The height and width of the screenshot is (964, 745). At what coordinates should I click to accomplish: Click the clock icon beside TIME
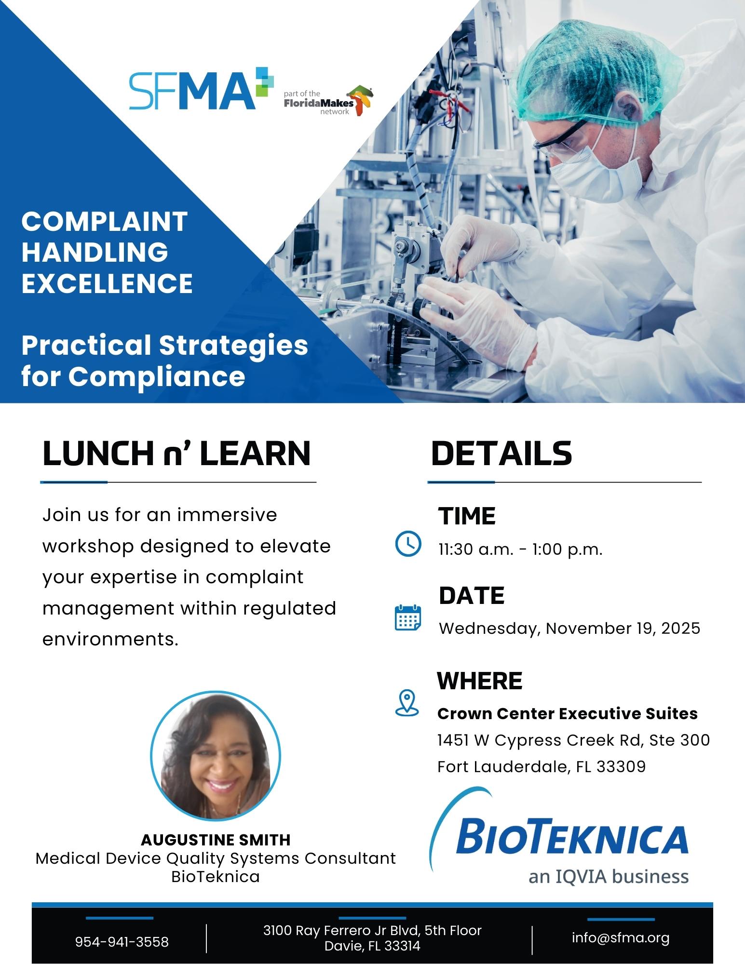pos(408,544)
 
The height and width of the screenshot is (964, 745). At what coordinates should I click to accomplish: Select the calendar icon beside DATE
pos(408,618)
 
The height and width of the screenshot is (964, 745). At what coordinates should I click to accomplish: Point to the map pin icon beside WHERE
pos(407,703)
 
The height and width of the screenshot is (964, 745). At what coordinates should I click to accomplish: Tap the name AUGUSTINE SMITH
pos(216,840)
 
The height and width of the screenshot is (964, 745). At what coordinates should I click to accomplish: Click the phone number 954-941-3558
pos(122,941)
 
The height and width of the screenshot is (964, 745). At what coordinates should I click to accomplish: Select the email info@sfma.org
pos(621,937)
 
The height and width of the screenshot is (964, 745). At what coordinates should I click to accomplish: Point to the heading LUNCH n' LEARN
pos(176,454)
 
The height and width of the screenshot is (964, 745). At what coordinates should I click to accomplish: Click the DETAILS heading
pos(501,453)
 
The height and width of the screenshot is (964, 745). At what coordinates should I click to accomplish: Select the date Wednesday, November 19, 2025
pos(569,629)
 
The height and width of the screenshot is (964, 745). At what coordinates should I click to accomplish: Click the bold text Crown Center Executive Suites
pos(568,713)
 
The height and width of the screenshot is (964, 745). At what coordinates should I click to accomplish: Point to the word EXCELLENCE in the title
pos(107,283)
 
